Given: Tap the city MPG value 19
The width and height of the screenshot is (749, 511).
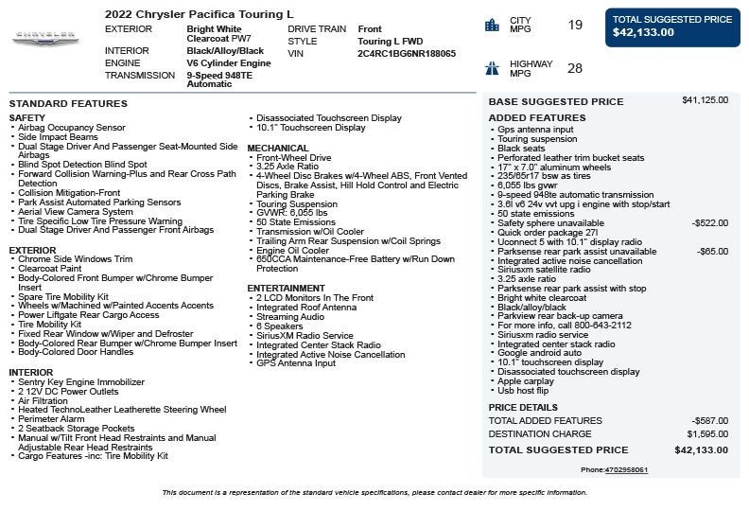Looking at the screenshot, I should click(x=575, y=25).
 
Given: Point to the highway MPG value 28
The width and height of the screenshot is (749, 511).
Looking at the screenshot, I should click(x=575, y=68).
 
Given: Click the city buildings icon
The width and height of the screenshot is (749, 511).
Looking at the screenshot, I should click(x=492, y=25).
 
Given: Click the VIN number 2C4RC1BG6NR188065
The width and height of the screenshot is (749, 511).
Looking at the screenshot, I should click(x=407, y=54).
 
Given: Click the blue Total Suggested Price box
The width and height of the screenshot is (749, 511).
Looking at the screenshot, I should click(x=672, y=26).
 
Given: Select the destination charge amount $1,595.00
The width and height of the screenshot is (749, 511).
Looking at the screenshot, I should click(x=707, y=434).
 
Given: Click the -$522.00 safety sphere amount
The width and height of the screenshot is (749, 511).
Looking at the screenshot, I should click(x=710, y=223).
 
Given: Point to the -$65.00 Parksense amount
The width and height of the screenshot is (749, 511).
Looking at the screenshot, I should click(x=712, y=252).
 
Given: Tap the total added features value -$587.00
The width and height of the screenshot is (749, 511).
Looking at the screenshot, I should click(x=710, y=420).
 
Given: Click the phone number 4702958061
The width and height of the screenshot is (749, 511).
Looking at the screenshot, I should click(x=628, y=470).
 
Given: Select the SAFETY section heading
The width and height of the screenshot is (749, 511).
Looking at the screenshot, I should click(x=27, y=117).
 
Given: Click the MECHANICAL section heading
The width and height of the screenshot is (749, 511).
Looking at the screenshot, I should click(x=278, y=148).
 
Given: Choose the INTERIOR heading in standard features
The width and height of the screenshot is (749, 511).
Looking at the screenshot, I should click(x=31, y=373).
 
